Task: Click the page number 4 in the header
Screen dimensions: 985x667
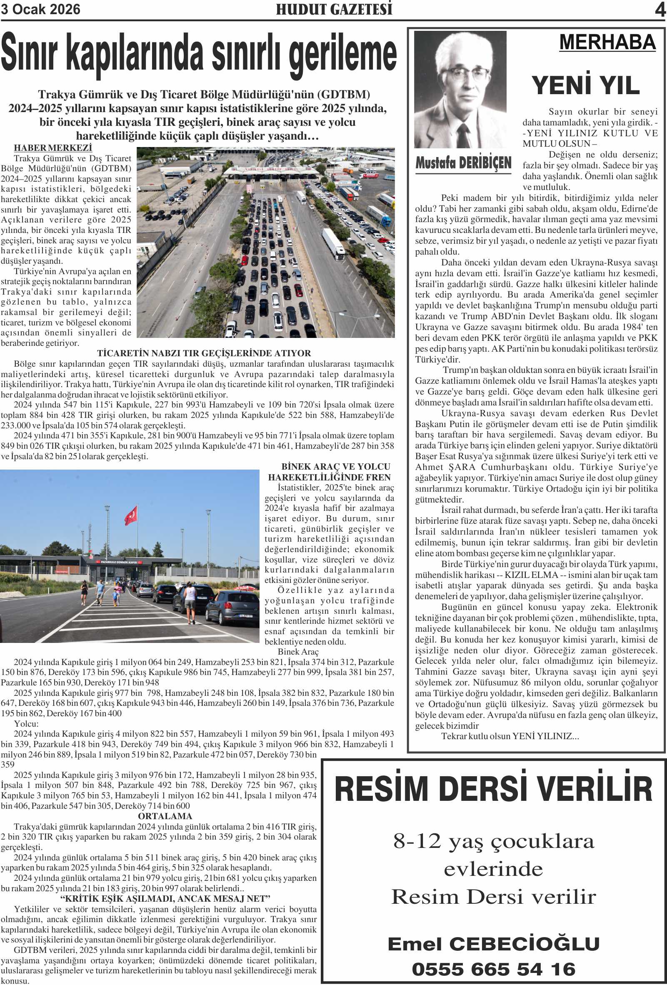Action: pos(660,9)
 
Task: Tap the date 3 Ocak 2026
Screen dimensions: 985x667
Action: pos(41,9)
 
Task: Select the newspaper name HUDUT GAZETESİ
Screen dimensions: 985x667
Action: pos(334,9)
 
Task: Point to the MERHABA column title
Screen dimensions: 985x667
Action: pos(607,42)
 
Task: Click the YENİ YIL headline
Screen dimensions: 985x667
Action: pos(586,85)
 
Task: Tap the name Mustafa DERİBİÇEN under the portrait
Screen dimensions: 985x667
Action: pos(463,162)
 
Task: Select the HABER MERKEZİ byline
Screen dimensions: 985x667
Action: pos(53,148)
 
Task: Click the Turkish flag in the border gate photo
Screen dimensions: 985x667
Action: pos(131,515)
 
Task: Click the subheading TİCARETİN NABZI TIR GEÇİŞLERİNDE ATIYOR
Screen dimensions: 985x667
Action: pos(204,353)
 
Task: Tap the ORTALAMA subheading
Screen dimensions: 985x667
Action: pos(165,816)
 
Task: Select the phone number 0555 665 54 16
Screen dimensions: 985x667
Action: pos(493,969)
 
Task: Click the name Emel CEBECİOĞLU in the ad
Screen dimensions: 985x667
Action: pos(493,944)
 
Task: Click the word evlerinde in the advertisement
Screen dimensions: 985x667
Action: pos(493,869)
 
